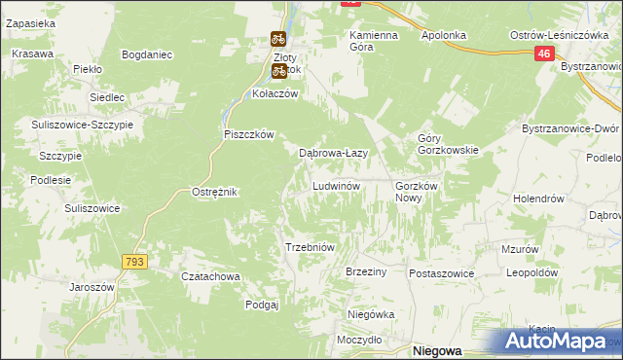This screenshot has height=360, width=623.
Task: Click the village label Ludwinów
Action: coord(337,185)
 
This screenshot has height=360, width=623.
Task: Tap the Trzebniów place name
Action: coord(310,247)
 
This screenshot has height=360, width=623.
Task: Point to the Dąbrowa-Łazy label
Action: coord(332,153)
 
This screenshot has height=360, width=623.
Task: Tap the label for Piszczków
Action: coord(250,134)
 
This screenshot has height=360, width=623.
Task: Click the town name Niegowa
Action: coord(437,350)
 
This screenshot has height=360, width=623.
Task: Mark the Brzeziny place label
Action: coord(366,272)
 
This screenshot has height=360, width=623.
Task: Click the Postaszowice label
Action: coord(441,273)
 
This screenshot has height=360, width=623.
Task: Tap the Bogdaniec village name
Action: coord(148,54)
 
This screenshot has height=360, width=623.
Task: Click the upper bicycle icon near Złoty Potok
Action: coord(277,40)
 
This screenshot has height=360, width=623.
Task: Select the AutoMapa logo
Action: coord(558,342)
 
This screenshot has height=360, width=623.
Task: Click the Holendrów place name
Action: coord(539,198)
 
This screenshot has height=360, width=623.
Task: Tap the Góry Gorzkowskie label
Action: coord(447,144)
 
